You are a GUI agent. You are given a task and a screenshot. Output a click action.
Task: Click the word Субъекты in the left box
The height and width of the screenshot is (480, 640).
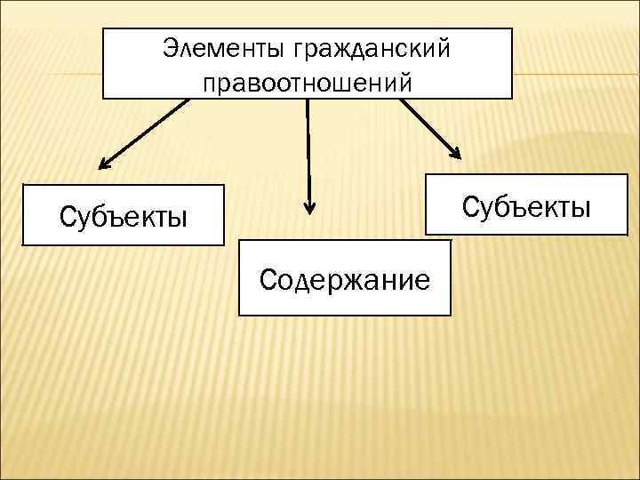point(123,216)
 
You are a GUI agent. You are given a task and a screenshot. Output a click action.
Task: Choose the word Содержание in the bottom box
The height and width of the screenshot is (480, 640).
point(345,280)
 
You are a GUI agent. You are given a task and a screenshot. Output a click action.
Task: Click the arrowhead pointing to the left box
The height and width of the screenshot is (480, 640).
point(103,164)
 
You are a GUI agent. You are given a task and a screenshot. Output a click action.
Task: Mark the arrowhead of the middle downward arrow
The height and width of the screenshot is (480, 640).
point(309,207)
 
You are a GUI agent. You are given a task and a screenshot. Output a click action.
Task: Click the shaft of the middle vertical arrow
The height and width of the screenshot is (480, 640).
point(308,151)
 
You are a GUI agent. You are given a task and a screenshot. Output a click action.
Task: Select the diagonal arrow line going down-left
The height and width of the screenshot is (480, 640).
point(147,132)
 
